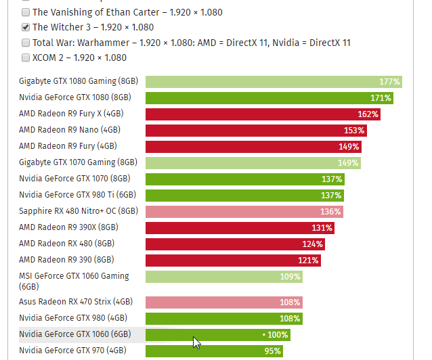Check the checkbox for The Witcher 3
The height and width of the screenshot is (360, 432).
pos(26,28)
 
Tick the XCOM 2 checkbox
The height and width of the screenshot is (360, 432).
pos(26,58)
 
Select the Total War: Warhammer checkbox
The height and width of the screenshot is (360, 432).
pos(26,43)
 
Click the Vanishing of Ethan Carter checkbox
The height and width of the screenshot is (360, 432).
pos(26,13)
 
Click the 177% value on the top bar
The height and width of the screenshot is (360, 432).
pos(389,82)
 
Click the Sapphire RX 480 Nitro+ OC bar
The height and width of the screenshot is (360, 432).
pos(244,212)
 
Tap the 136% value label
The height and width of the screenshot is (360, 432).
pos(330,212)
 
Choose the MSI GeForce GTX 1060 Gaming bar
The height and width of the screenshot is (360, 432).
pos(223,277)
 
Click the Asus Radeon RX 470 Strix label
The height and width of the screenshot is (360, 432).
pos(76,302)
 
